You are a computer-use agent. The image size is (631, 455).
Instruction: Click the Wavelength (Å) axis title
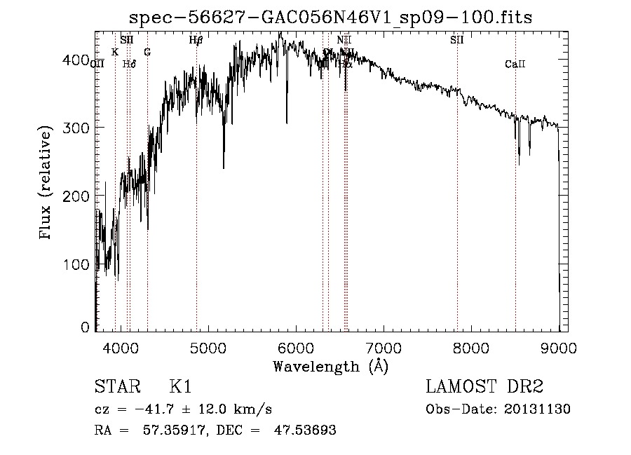pos(330,365)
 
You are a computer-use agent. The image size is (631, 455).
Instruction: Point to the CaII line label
pos(515,64)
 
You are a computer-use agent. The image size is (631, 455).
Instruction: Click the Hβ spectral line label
pos(196,40)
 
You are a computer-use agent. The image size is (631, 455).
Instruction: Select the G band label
pos(147,52)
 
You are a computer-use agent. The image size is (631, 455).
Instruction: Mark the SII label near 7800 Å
pos(457,40)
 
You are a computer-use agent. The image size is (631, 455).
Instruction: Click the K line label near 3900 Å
pos(115,52)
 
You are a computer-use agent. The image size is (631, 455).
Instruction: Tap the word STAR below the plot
pos(113,387)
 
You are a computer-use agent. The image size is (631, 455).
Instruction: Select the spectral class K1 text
pos(180,387)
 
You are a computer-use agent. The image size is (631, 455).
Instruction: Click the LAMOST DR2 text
pos(484,387)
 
